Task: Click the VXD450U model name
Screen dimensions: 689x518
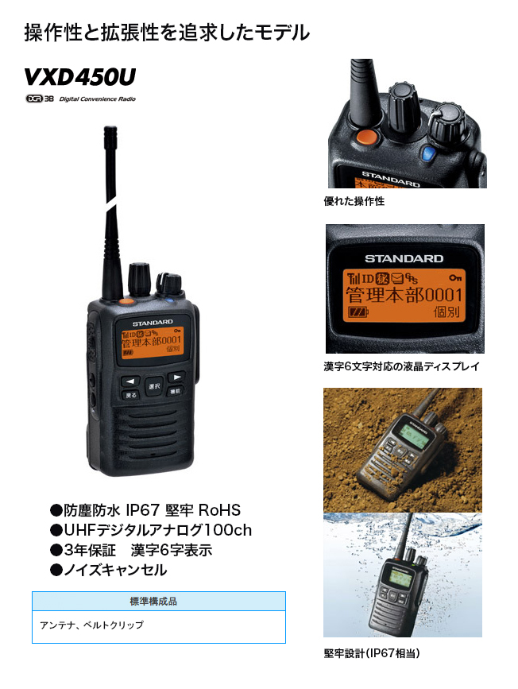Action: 79,77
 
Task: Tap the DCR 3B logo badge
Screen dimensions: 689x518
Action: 39,99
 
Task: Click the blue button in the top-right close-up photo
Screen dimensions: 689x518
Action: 430,152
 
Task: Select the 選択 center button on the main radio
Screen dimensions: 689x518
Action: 154,386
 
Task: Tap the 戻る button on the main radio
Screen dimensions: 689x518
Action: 132,394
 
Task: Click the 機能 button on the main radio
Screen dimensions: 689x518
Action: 176,392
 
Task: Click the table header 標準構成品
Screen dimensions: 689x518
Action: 158,602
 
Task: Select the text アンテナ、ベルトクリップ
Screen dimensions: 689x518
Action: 91,625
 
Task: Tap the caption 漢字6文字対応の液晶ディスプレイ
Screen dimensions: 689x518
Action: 402,367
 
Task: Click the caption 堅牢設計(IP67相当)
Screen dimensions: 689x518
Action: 372,653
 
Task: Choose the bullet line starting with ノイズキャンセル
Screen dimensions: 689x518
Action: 109,570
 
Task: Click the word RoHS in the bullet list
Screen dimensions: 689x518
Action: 219,510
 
